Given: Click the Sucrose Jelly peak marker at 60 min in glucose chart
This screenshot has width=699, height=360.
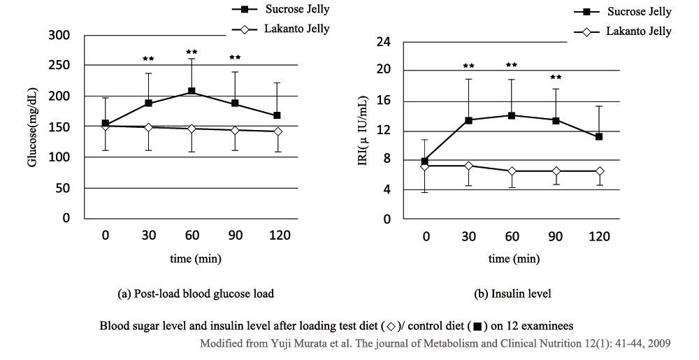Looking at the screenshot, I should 192,92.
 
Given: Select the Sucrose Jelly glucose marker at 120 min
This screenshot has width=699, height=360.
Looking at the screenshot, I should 278,115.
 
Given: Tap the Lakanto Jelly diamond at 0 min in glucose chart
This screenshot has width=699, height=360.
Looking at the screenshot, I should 105,127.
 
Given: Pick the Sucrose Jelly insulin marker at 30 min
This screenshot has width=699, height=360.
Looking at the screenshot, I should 468,120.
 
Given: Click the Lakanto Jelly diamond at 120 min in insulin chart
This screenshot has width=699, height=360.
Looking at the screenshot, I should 599,171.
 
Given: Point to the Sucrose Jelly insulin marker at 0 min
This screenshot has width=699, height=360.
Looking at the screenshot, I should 424,161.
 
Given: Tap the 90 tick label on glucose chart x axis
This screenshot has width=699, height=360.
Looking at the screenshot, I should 235,236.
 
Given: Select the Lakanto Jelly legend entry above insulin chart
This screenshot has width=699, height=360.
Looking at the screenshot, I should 622,31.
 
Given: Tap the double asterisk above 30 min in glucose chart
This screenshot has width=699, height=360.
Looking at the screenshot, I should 148,59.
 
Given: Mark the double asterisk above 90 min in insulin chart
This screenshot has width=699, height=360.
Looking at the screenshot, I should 556,78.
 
